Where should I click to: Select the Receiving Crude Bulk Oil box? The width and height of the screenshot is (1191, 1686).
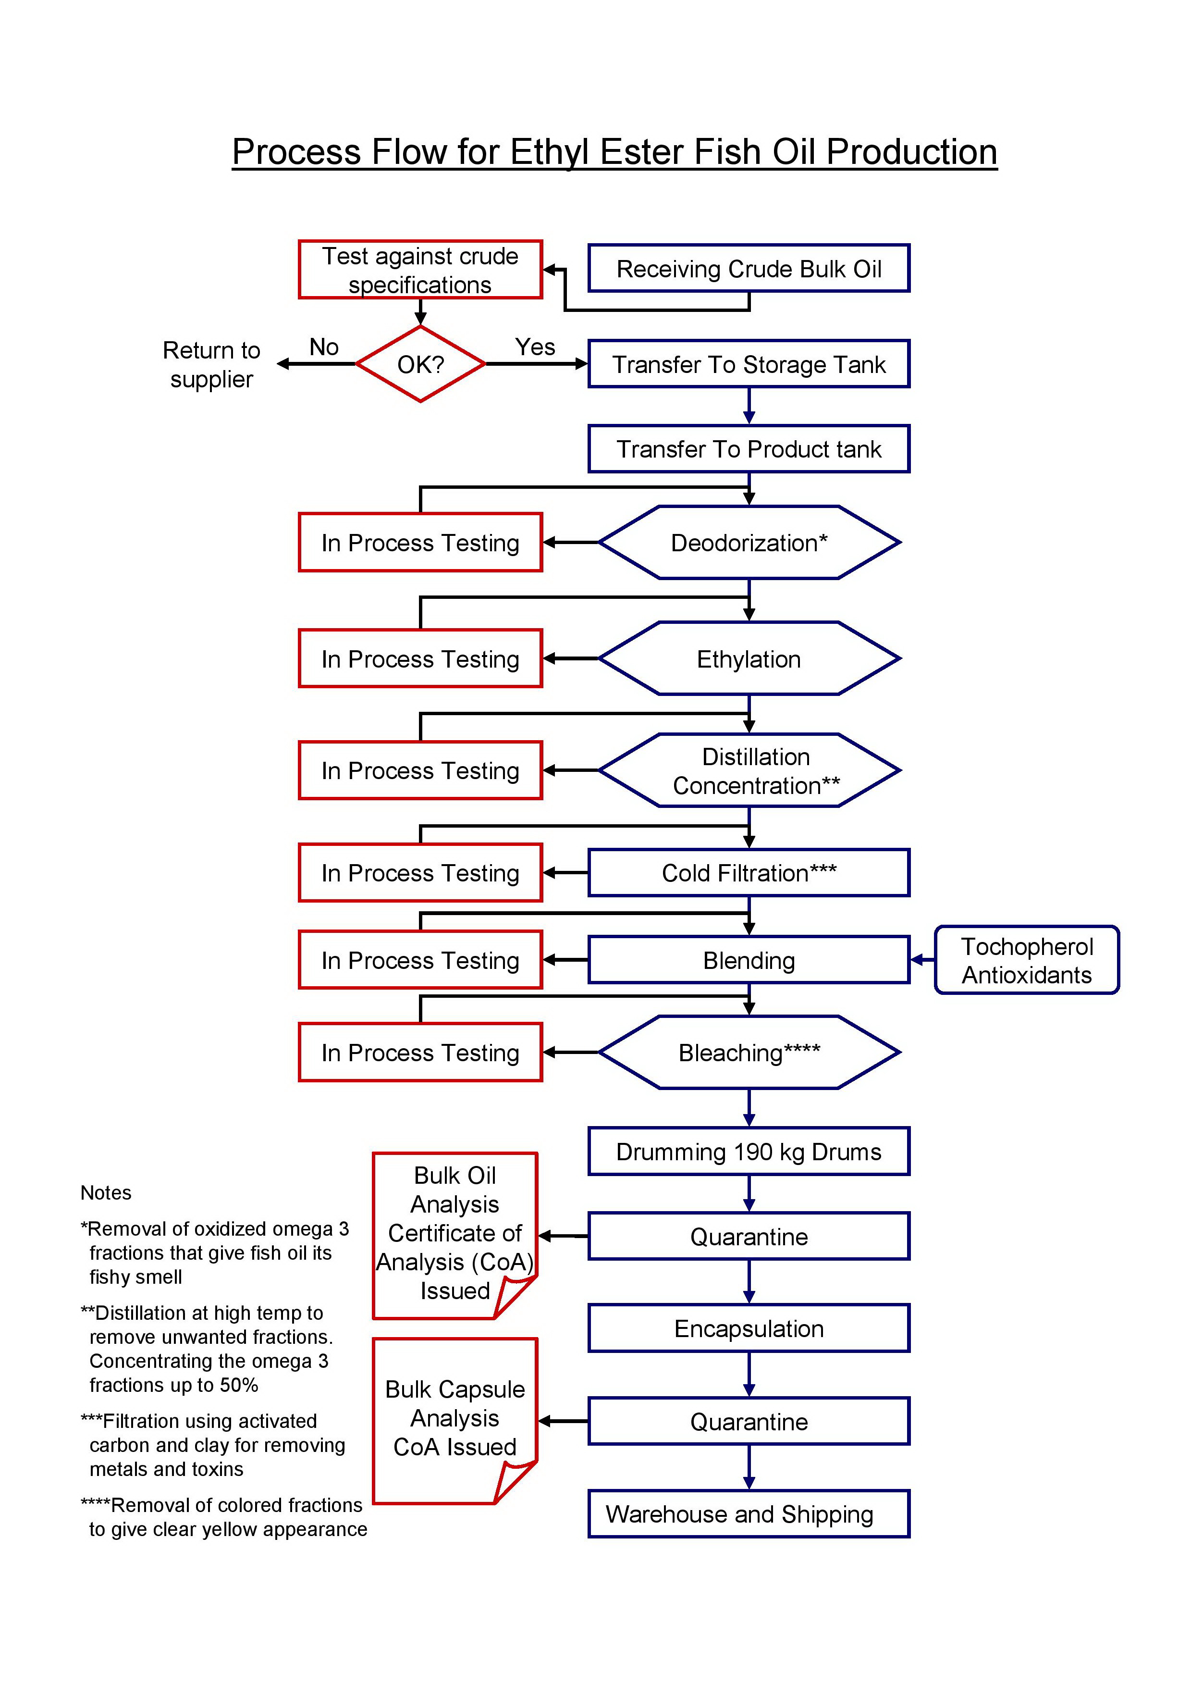[x=749, y=269]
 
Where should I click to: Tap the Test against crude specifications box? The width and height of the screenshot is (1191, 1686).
[x=420, y=270]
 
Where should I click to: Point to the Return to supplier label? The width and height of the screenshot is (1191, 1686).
[x=211, y=364]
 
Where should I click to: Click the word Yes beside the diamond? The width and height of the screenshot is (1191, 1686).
[x=535, y=347]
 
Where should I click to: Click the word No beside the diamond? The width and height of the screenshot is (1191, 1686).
[x=324, y=347]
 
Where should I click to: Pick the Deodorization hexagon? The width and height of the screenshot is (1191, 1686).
[x=749, y=543]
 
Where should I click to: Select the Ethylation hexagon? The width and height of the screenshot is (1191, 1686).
[x=749, y=659]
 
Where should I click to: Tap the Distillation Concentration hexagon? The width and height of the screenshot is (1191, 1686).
[x=749, y=770]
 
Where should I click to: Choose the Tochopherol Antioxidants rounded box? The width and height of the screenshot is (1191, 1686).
[x=1027, y=960]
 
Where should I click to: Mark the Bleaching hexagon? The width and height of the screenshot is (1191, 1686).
[x=749, y=1052]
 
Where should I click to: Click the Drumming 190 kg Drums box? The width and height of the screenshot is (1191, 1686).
[x=749, y=1152]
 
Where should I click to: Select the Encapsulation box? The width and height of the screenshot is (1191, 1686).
[x=749, y=1328]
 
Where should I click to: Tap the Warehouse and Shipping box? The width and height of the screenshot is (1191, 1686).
[x=749, y=1513]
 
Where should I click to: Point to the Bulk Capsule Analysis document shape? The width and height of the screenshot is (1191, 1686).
[x=455, y=1421]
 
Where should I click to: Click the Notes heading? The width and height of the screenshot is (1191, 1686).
[x=106, y=1192]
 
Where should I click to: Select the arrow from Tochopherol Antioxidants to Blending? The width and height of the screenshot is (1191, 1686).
[x=922, y=960]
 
